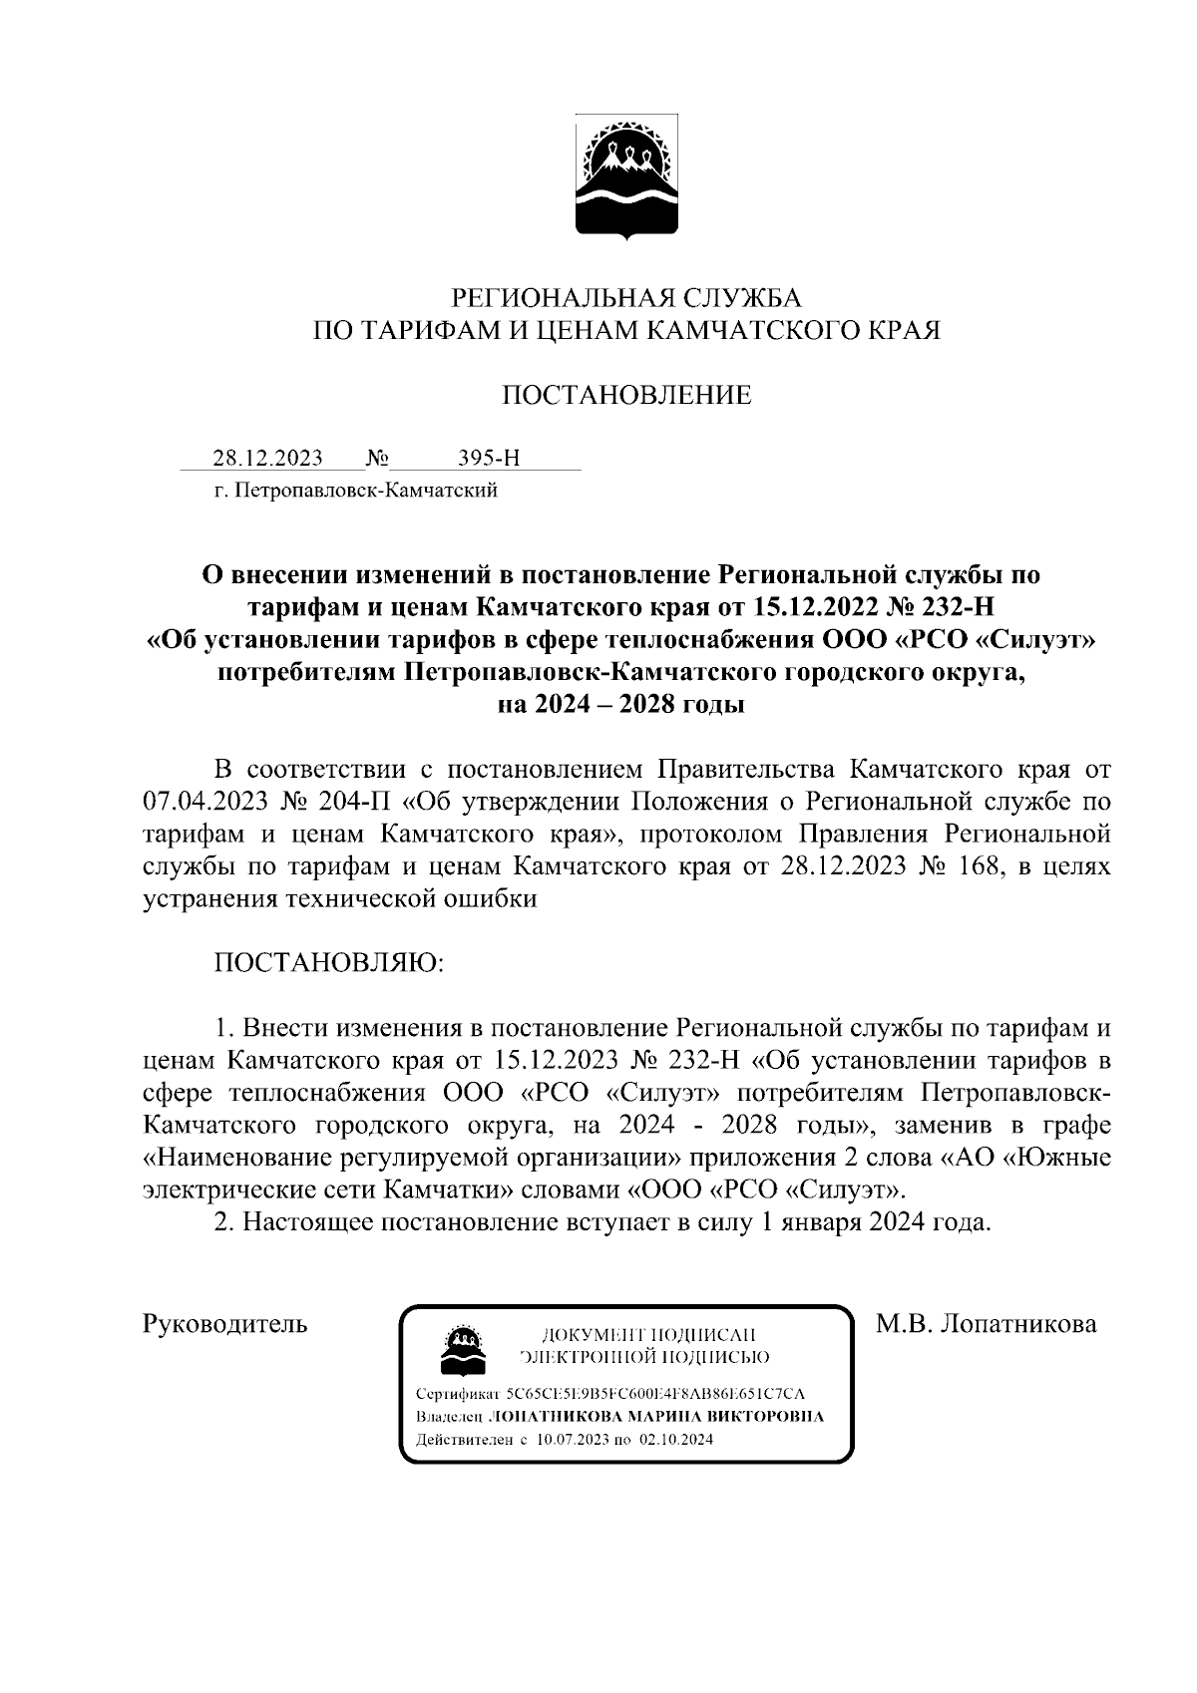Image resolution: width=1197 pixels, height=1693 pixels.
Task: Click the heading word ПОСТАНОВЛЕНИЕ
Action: click(x=626, y=396)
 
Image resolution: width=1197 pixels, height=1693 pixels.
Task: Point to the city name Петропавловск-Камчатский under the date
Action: click(x=355, y=490)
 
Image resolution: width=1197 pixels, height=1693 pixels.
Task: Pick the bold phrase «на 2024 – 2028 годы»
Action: click(x=621, y=705)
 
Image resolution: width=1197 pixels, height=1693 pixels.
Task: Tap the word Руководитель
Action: click(x=225, y=1324)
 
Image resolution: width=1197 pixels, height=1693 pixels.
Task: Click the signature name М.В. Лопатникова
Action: click(x=987, y=1324)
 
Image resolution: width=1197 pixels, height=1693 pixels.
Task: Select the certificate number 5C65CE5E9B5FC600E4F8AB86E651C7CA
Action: click(x=655, y=1394)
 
